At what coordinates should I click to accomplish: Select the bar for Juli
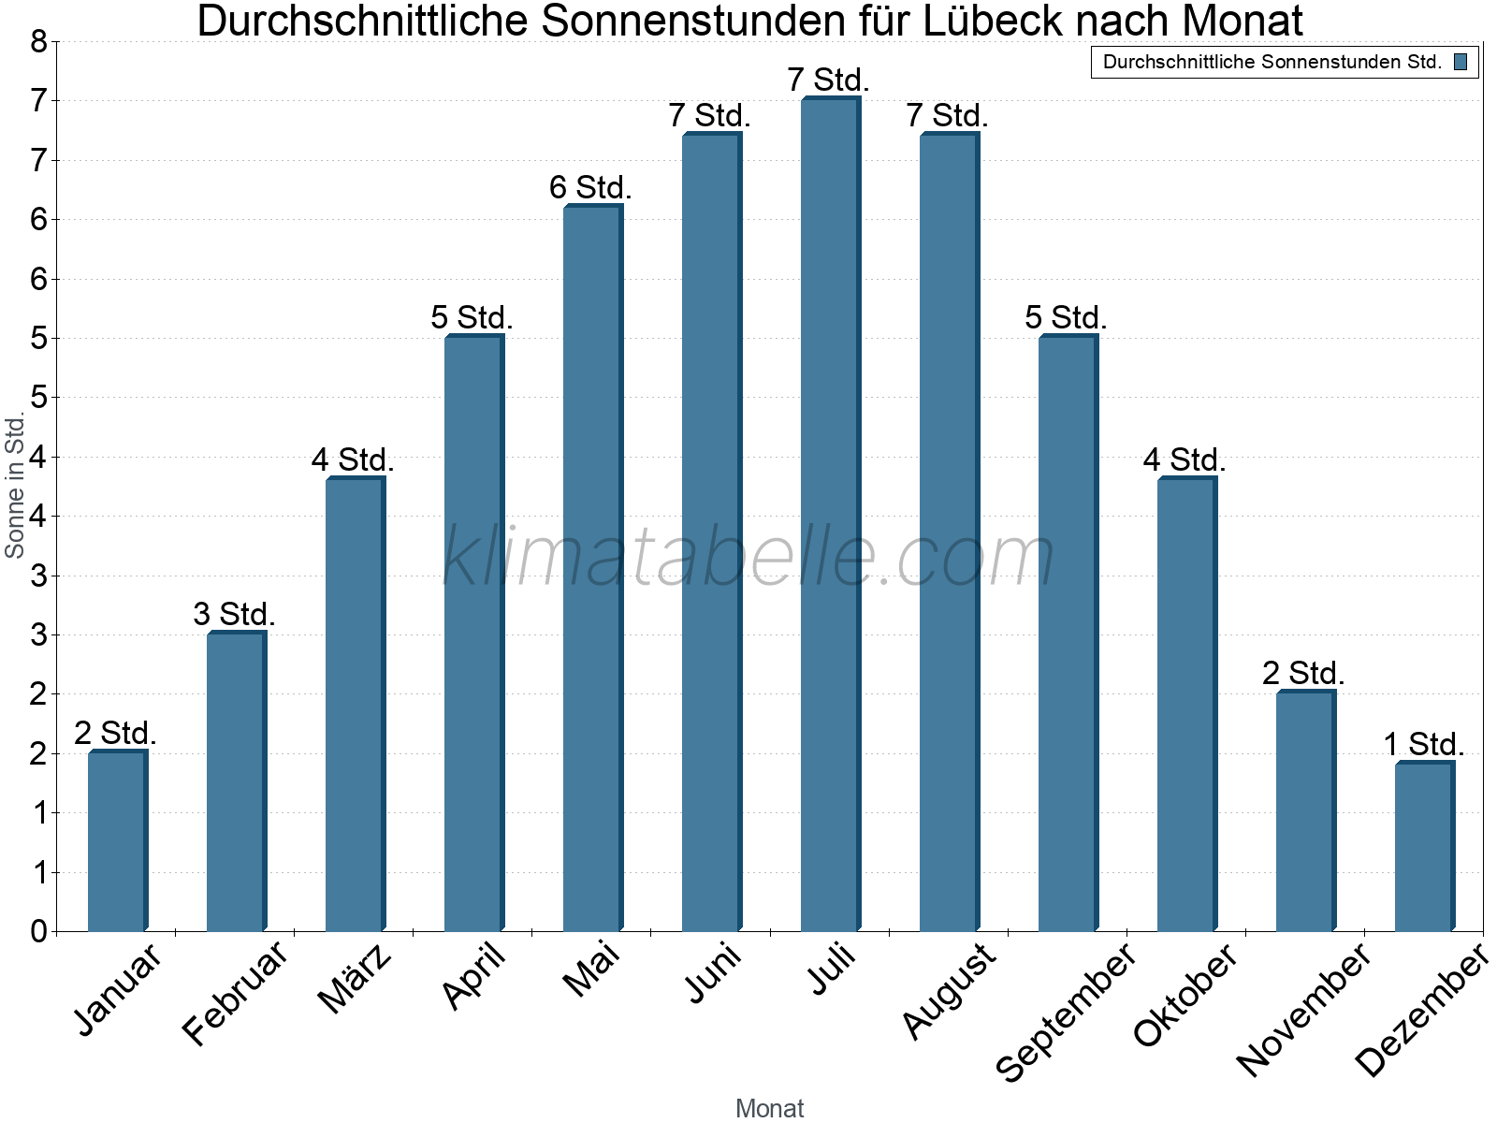tap(830, 515)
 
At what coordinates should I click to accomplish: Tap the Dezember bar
tap(1424, 847)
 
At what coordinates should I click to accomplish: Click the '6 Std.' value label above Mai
tap(590, 187)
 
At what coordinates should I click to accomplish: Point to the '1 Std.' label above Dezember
tap(1423, 744)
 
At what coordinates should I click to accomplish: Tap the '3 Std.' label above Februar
tap(234, 614)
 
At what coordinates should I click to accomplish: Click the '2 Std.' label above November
tap(1303, 673)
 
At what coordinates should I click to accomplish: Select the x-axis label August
tap(949, 990)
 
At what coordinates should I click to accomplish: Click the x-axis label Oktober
tap(1185, 996)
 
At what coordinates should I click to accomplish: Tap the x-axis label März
tap(355, 979)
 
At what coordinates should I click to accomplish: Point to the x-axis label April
tap(474, 976)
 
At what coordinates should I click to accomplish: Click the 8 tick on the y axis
tap(38, 41)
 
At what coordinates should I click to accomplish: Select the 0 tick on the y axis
tap(38, 931)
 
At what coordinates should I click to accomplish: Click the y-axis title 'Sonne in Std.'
tap(15, 487)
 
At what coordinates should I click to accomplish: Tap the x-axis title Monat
tap(769, 1108)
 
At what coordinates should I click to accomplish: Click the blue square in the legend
tap(1460, 63)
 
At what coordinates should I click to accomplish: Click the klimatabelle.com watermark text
tap(748, 557)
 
